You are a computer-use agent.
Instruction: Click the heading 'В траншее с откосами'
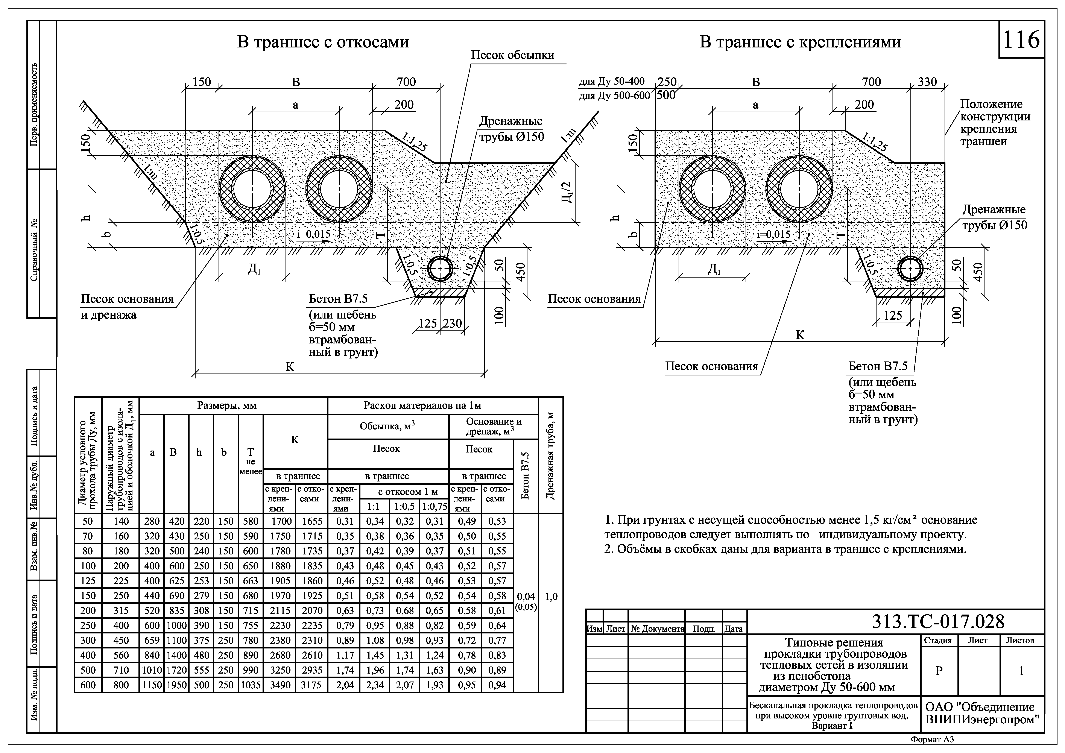pos(323,42)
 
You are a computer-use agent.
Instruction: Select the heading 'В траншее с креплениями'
pos(800,42)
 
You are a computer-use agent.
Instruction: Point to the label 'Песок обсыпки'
pos(513,55)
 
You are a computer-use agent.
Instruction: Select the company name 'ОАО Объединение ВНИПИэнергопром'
pos(982,713)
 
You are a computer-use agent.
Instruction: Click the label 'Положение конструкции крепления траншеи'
pos(995,123)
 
